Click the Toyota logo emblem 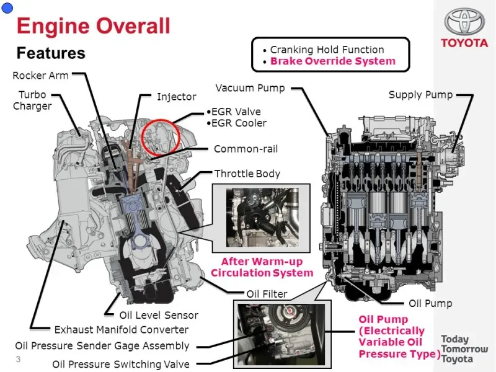pyautogui.click(x=464, y=21)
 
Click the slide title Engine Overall pyautogui.click(x=94, y=26)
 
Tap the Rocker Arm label pyautogui.click(x=40, y=76)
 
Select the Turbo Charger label pyautogui.click(x=32, y=100)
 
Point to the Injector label pyautogui.click(x=177, y=97)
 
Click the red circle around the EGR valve pyautogui.click(x=160, y=120)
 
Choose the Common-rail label pyautogui.click(x=246, y=149)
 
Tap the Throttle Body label pyautogui.click(x=247, y=174)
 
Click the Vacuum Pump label pyautogui.click(x=250, y=88)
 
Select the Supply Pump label pyautogui.click(x=421, y=95)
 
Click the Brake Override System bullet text pyautogui.click(x=333, y=61)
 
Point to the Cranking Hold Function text pyautogui.click(x=327, y=50)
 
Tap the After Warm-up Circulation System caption pyautogui.click(x=262, y=267)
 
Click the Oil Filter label pyautogui.click(x=267, y=294)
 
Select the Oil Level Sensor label pyautogui.click(x=159, y=315)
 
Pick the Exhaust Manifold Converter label pyautogui.click(x=122, y=330)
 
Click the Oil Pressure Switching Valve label pyautogui.click(x=121, y=364)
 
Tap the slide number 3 pyautogui.click(x=18, y=359)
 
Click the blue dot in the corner pyautogui.click(x=7, y=8)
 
